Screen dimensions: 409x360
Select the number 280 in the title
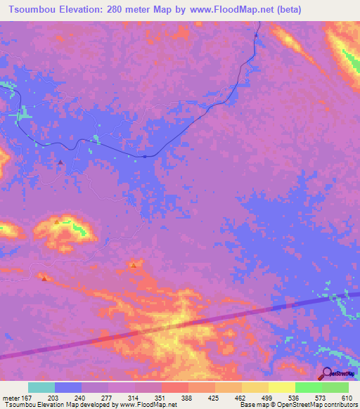[132, 10]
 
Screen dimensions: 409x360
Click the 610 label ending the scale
[346, 398]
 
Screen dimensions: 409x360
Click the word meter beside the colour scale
[11, 398]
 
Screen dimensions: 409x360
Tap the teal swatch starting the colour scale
[41, 387]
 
